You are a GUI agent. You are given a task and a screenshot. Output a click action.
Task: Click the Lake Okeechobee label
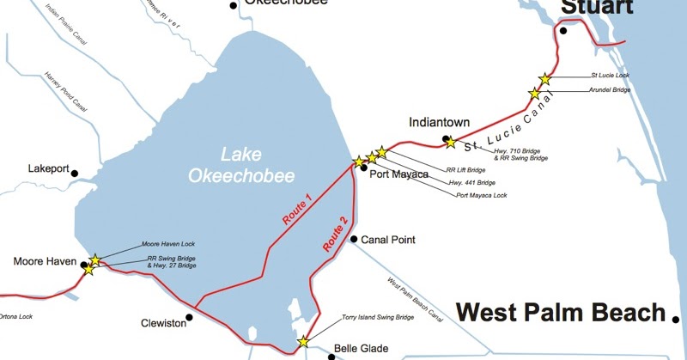click(257, 165)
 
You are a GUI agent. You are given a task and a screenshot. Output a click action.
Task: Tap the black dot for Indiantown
click(445, 138)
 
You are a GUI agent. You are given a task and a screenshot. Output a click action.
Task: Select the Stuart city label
click(597, 9)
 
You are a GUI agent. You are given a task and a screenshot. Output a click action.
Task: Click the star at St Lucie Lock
click(544, 78)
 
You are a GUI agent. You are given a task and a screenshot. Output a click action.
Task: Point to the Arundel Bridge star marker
click(535, 94)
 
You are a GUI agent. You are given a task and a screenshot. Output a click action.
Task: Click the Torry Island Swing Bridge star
click(302, 342)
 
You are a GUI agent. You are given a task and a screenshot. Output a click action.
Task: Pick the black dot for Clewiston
click(190, 316)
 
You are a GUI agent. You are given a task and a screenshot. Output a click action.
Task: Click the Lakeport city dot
click(75, 173)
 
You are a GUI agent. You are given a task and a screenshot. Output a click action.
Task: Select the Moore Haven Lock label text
click(168, 245)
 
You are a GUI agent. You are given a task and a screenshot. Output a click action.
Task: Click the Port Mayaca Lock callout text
click(482, 195)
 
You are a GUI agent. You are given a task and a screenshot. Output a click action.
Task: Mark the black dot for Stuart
click(563, 31)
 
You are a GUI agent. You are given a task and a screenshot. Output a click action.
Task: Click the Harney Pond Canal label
click(65, 93)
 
